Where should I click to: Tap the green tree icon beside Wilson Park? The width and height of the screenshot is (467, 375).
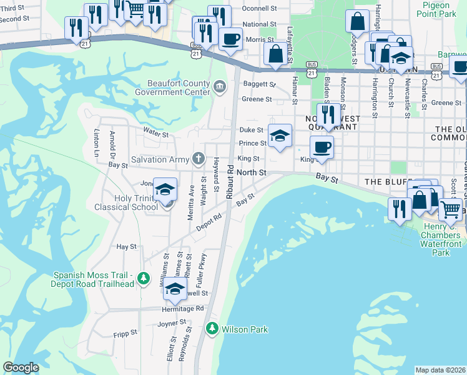click(212, 328)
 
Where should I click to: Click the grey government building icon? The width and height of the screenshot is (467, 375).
click(219, 87)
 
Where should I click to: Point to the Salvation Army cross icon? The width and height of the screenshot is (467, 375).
click(198, 159)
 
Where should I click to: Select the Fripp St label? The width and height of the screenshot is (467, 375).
click(125, 334)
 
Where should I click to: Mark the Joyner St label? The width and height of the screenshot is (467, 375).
click(173, 324)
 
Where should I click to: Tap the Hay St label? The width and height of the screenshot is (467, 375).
click(126, 247)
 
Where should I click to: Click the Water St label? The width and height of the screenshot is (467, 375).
click(156, 134)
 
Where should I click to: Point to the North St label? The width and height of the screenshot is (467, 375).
click(252, 172)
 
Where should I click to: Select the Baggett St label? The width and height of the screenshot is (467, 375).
click(259, 84)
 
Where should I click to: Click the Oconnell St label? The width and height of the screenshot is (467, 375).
click(260, 9)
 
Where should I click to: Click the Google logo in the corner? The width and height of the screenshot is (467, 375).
click(21, 367)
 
